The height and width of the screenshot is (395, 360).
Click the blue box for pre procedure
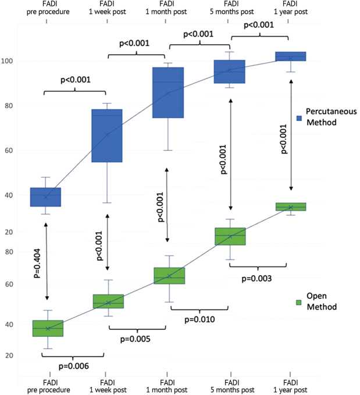[x=46, y=197]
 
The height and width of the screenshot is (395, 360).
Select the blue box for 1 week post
[x=107, y=136]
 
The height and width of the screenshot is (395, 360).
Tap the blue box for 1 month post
[x=168, y=92]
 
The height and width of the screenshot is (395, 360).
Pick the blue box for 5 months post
[x=230, y=72]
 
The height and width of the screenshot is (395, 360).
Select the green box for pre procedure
[x=48, y=328]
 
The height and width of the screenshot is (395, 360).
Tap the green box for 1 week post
[x=108, y=301]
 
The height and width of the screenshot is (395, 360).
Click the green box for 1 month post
[x=169, y=275]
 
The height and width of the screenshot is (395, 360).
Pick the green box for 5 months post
[x=230, y=236]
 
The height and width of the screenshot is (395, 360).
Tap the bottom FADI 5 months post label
[x=231, y=385]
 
